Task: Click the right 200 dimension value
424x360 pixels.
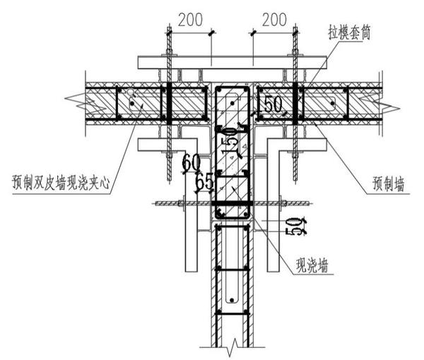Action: coord(273,20)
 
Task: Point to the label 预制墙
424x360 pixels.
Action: coord(389,188)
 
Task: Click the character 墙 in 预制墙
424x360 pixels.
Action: coord(405,188)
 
